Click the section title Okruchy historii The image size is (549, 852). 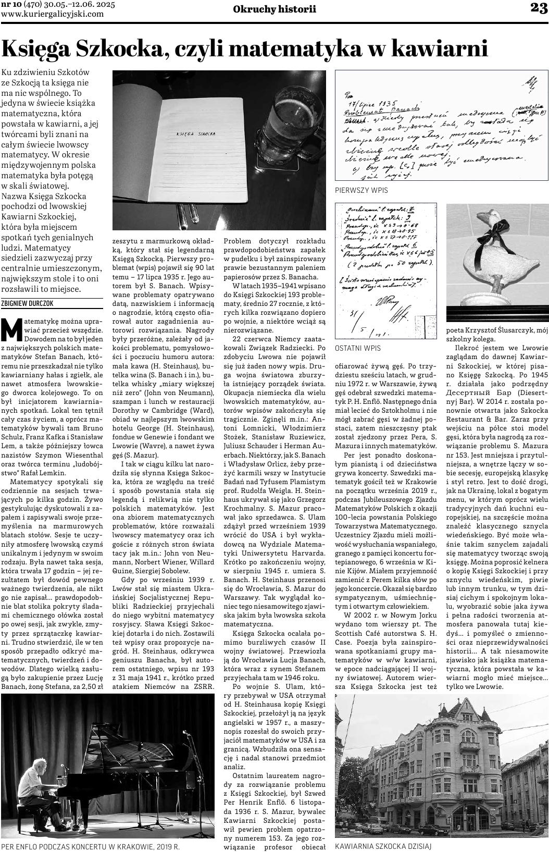point(274,9)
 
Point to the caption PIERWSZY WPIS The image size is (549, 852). point(361,190)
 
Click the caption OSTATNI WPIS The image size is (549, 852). point(357,348)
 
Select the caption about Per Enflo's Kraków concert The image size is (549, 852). point(91,847)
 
